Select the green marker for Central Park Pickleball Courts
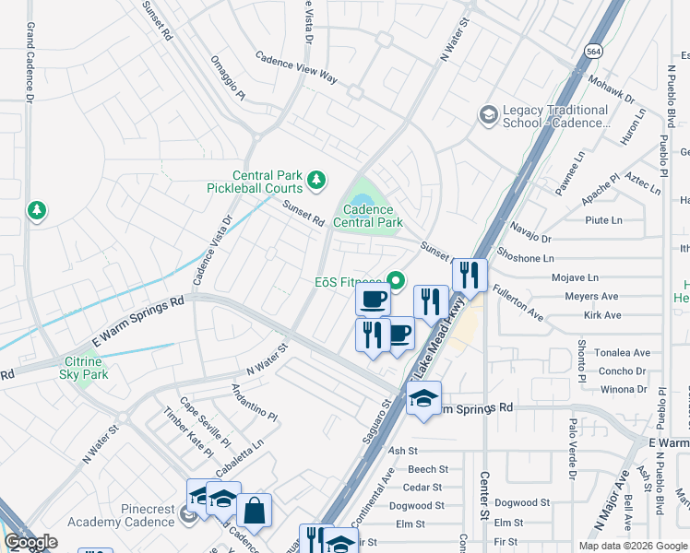click(x=316, y=180)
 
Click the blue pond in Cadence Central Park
click(x=362, y=200)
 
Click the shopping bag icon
click(x=254, y=510)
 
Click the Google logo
click(x=30, y=542)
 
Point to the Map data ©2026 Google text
click(x=633, y=546)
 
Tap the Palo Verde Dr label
click(x=572, y=449)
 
